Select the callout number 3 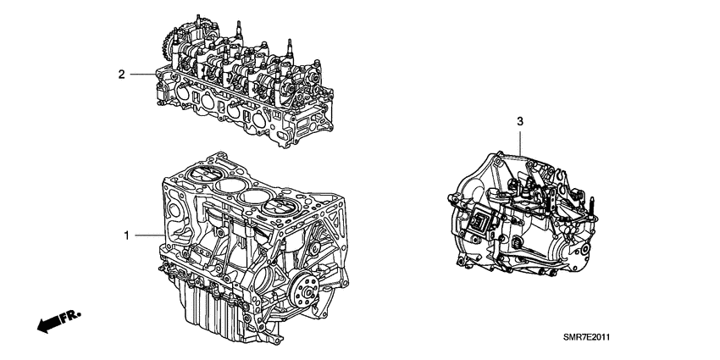pos(520,123)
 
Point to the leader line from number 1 pos(146,235)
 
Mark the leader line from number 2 pos(141,75)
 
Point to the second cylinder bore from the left pos(226,186)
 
